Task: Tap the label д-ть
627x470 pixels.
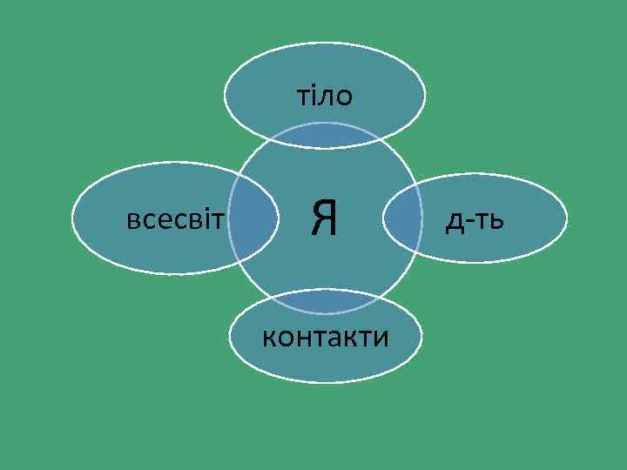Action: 474,223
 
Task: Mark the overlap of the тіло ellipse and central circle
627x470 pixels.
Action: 325,135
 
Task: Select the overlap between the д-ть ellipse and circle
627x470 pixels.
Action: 399,219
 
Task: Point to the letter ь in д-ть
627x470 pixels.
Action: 495,223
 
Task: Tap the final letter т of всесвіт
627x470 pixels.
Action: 219,219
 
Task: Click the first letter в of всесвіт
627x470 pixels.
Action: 132,219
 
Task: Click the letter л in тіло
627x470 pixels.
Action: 326,97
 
